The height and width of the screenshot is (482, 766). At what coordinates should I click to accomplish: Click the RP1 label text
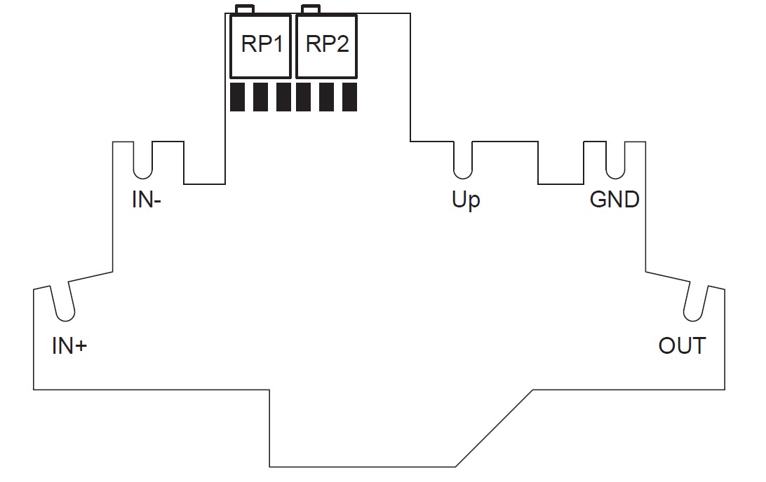[262, 44]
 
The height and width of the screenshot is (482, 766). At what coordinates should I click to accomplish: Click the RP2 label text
[328, 44]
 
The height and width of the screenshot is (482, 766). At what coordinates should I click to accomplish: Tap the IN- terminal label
[146, 200]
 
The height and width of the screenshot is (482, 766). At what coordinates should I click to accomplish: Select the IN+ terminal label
[69, 346]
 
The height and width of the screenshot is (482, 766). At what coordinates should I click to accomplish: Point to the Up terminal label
[466, 200]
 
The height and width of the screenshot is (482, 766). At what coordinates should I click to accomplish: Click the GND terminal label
[614, 200]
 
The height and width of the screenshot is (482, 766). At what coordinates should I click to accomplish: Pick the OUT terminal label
[682, 346]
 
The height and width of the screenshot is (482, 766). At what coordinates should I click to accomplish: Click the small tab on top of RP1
[245, 9]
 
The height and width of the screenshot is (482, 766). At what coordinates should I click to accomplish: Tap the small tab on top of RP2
[311, 9]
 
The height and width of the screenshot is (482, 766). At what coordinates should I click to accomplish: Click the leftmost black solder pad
[237, 97]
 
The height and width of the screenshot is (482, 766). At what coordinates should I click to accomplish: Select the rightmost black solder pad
[350, 97]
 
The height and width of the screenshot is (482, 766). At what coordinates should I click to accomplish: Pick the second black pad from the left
[260, 97]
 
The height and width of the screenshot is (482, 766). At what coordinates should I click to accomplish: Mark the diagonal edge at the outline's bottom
[494, 428]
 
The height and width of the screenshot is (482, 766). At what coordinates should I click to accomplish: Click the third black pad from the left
[284, 97]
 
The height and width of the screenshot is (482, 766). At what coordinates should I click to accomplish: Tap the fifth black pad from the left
[327, 97]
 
